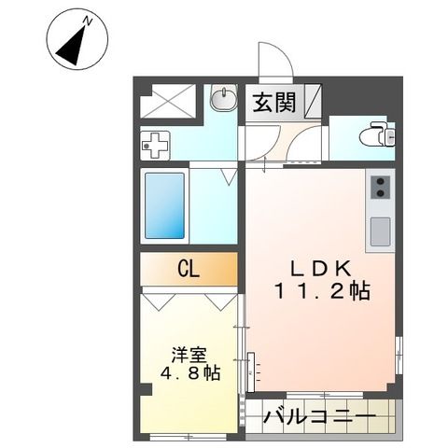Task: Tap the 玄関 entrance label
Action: click(273, 101)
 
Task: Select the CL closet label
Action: click(189, 271)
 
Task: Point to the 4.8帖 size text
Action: click(189, 374)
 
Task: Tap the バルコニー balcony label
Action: click(318, 415)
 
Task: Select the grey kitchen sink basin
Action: click(381, 230)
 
